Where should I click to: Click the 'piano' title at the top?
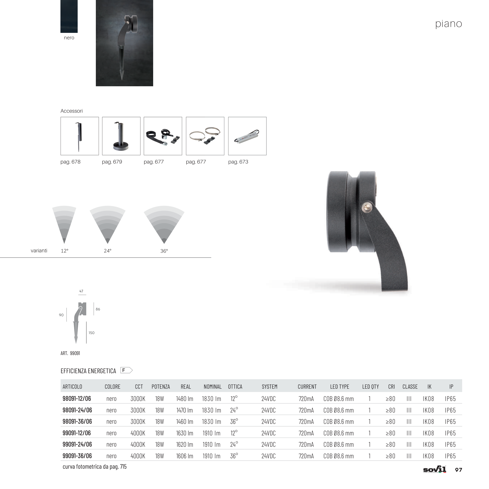click(449, 24)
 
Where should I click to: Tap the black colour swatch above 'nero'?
click(69, 16)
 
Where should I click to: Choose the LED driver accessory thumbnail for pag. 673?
click(247, 136)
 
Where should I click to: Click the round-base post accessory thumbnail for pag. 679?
click(121, 136)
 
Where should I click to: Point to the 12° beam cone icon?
click(64, 225)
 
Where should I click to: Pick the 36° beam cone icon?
click(164, 225)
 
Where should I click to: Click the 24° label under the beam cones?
click(108, 251)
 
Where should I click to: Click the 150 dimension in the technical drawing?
click(91, 333)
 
